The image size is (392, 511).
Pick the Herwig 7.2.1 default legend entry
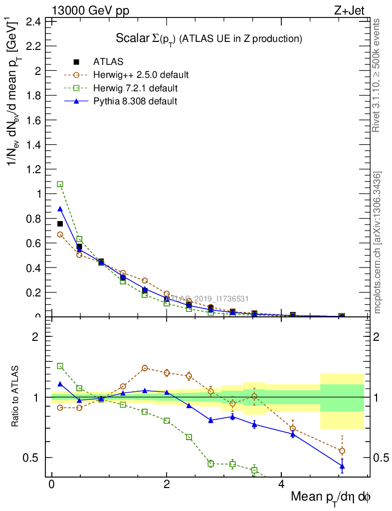tap(135, 88)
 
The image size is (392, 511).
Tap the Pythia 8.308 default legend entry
tap(135, 101)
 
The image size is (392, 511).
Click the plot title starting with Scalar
tap(209, 38)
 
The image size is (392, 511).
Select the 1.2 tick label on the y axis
tap(33, 169)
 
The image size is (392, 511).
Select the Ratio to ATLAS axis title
tap(16, 397)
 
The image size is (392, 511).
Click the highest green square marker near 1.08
tap(60, 184)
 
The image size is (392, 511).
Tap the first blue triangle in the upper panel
tap(60, 209)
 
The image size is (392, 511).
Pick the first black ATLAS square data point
tap(60, 224)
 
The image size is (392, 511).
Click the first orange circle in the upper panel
tap(60, 235)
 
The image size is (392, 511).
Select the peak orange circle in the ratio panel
tap(145, 368)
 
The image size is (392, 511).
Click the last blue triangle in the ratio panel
tap(342, 466)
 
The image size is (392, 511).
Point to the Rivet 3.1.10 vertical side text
tap(377, 75)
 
